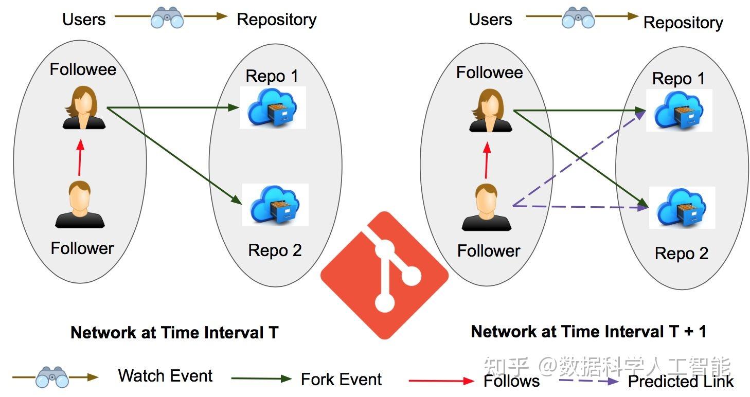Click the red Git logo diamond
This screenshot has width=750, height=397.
click(384, 275)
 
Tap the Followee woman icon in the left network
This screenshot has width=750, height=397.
click(84, 107)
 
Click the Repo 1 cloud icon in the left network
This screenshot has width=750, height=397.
click(273, 107)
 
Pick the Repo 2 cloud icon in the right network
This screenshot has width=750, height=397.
click(682, 208)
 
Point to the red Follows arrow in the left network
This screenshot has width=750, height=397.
click(80, 157)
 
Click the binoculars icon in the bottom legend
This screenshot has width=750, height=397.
click(52, 377)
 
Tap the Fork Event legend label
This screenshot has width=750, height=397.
click(341, 380)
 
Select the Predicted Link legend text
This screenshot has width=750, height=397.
click(681, 382)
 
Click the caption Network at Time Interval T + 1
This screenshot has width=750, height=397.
click(588, 332)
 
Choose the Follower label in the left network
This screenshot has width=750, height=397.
click(82, 248)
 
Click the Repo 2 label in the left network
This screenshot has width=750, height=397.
click(275, 250)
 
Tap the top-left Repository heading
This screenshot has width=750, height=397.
click(277, 20)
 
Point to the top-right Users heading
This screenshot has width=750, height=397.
click(491, 20)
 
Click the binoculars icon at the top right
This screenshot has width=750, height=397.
click(578, 17)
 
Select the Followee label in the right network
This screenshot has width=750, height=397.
click(490, 73)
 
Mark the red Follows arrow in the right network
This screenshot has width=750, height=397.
click(487, 160)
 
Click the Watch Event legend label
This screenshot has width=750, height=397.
click(166, 375)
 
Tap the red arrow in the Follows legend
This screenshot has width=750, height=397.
click(441, 381)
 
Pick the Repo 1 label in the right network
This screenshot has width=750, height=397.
click(678, 79)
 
